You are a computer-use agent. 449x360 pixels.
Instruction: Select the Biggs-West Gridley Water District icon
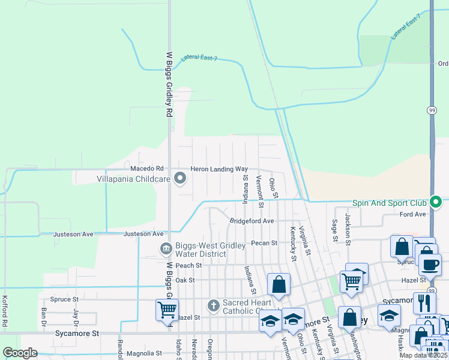pyautogui.click(x=165, y=248)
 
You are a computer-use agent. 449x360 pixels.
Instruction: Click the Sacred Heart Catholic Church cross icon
pyautogui.click(x=213, y=305)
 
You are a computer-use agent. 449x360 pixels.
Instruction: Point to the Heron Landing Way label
pyautogui.click(x=219, y=170)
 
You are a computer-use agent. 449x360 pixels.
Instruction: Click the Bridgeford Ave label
pyautogui.click(x=252, y=221)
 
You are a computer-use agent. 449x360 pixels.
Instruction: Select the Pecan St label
pyautogui.click(x=264, y=243)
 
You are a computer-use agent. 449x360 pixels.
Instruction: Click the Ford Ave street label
pyautogui.click(x=412, y=214)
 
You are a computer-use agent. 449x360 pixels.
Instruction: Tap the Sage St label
pyautogui.click(x=335, y=230)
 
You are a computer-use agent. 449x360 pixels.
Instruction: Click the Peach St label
pyautogui.click(x=188, y=265)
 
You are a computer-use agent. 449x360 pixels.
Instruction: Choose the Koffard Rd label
pyautogui.click(x=5, y=311)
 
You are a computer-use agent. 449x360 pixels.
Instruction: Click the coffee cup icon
pyautogui.click(x=429, y=264)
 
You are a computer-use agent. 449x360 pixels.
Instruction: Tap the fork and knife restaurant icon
pyautogui.click(x=425, y=302)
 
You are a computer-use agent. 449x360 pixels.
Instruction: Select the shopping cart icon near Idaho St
pyautogui.click(x=167, y=309)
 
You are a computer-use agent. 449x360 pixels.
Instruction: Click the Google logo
pyautogui.click(x=20, y=353)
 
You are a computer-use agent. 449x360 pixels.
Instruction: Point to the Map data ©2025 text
pyautogui.click(x=424, y=355)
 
